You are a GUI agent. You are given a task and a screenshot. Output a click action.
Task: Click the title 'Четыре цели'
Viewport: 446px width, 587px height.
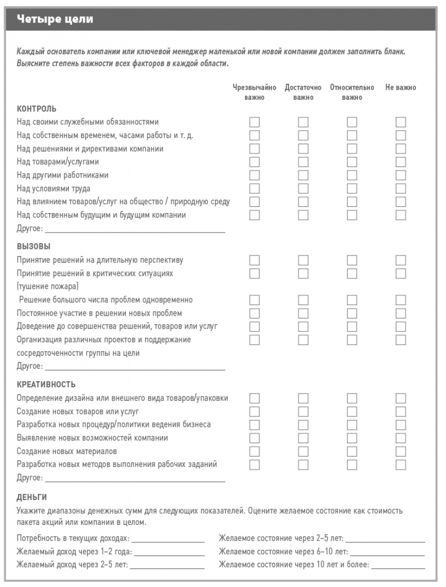point(55,20)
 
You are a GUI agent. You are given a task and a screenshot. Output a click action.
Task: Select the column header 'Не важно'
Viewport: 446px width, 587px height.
point(401,88)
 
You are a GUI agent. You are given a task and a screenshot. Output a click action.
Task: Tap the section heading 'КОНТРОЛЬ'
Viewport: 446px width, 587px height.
point(37,108)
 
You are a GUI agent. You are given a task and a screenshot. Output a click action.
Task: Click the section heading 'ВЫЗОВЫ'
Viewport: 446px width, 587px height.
point(34,246)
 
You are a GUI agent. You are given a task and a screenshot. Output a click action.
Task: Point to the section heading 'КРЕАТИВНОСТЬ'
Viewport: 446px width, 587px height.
point(46,385)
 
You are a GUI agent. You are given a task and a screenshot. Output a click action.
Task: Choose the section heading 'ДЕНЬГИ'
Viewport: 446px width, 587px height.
point(32,497)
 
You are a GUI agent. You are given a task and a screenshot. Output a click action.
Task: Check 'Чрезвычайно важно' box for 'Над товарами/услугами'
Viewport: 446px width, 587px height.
point(255,162)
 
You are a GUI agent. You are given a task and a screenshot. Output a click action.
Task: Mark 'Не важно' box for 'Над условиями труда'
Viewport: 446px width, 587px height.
point(401,188)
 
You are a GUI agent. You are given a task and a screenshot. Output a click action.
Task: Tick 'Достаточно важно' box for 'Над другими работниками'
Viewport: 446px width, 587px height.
point(304,175)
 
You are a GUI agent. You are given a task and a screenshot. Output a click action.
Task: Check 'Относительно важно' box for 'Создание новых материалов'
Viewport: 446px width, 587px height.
point(352,451)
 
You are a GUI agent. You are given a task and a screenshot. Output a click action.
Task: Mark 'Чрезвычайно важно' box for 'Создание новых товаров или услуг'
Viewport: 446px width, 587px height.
point(255,411)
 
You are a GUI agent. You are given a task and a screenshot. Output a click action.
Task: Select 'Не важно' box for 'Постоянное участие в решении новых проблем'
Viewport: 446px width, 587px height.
point(401,313)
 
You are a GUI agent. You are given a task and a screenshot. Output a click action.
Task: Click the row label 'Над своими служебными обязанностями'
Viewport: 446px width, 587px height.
point(88,122)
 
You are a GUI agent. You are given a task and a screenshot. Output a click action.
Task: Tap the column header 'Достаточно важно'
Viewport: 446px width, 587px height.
point(303,92)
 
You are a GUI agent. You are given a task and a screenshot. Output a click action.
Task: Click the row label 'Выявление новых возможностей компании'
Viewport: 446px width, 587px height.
point(92,438)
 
